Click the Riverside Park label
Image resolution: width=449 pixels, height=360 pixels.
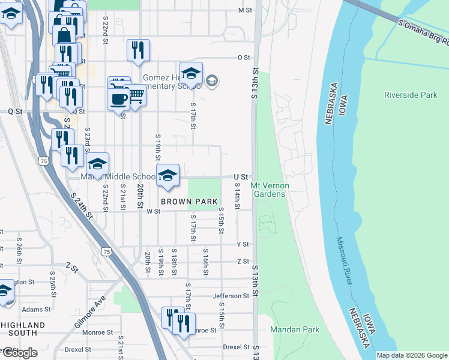coord(411,95)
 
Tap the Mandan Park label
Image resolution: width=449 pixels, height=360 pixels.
coord(295,329)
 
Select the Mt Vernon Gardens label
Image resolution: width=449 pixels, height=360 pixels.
coord(270,190)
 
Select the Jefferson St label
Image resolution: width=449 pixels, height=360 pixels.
coord(231,296)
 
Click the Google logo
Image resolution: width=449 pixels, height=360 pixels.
coord(19,353)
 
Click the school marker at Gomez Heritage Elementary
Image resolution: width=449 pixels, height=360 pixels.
coord(191,74)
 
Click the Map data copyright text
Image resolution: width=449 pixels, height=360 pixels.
coord(412,355)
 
